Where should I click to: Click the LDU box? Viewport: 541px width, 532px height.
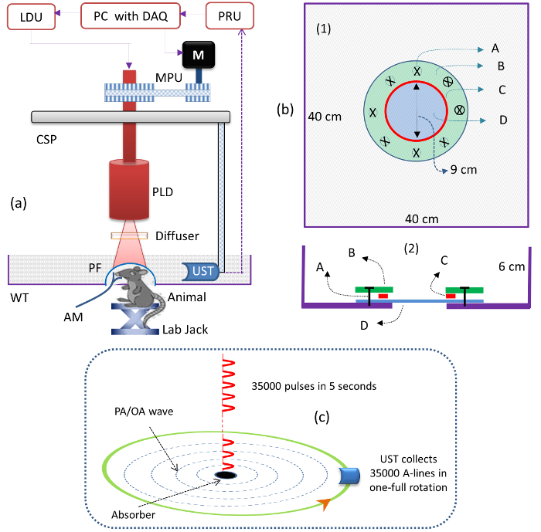(30, 15)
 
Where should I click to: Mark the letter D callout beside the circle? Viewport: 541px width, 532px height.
(503, 120)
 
